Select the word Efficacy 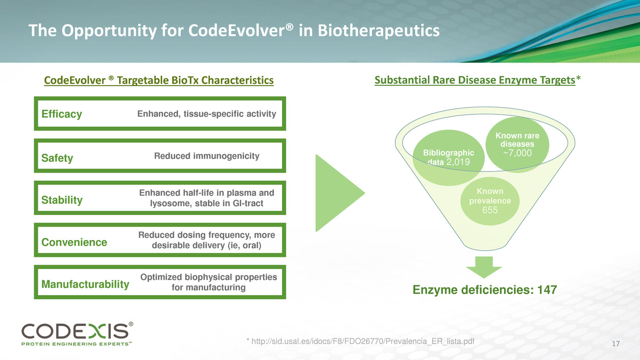[x=61, y=114]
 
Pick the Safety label [x=57, y=158]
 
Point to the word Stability [x=62, y=200]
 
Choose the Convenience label [x=74, y=242]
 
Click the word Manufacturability [x=85, y=284]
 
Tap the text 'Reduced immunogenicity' [x=207, y=156]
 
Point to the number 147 [x=547, y=290]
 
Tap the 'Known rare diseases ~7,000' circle [x=517, y=144]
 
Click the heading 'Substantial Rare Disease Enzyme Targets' [x=475, y=80]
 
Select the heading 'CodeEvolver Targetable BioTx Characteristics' [x=158, y=81]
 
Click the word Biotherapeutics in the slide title [x=378, y=31]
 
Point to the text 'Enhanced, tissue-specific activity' [x=207, y=114]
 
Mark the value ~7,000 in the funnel [x=517, y=153]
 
